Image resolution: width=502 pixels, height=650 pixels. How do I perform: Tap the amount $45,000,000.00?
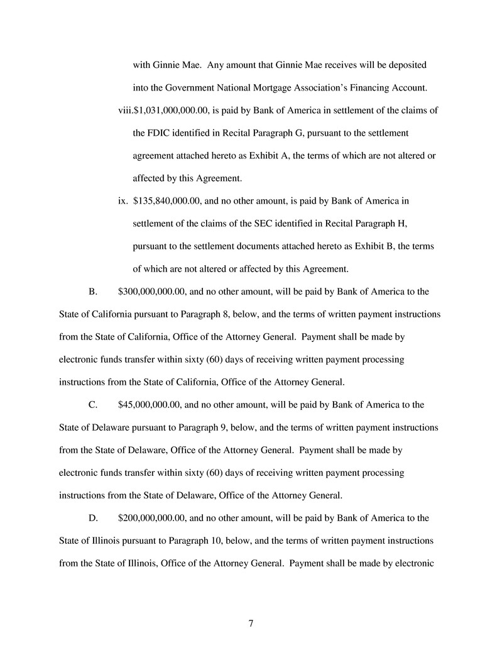[x=149, y=404]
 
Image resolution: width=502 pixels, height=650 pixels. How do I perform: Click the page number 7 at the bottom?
[x=251, y=624]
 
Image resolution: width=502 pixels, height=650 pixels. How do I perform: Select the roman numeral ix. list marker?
[x=123, y=201]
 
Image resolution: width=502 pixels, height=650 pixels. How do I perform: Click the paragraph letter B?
[x=92, y=292]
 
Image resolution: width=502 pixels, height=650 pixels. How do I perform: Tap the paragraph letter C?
[x=92, y=404]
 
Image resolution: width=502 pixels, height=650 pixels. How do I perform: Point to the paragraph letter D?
[x=92, y=518]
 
